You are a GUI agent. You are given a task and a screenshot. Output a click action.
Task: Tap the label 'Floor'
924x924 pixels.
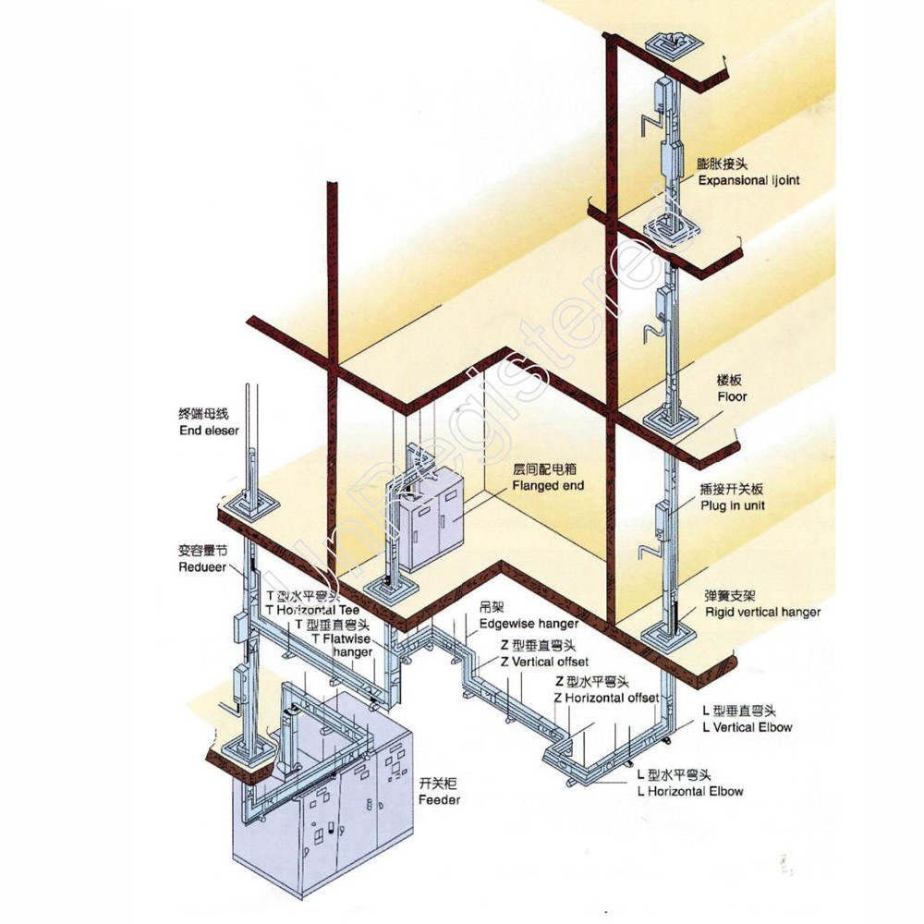coord(733,396)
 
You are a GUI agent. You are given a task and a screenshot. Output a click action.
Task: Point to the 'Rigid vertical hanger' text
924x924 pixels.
coord(762,612)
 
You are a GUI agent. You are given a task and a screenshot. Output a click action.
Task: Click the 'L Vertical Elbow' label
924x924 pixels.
coord(747,727)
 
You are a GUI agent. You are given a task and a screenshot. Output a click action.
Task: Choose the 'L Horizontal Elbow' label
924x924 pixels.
coord(690,791)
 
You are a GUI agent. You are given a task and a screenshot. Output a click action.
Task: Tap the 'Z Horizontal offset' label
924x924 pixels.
coord(606,698)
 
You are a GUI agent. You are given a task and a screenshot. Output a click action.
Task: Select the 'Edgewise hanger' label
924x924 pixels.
coord(529,625)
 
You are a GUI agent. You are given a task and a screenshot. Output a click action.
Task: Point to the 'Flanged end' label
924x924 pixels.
coord(549,485)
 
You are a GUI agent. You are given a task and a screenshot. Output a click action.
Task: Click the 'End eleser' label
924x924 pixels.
coord(209,431)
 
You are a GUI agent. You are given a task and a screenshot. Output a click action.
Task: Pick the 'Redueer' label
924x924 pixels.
coord(202,567)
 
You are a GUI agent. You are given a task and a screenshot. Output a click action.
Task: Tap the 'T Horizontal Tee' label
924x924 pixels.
coord(312,611)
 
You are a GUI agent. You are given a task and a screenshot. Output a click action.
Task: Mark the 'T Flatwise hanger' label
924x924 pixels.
coord(342,645)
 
